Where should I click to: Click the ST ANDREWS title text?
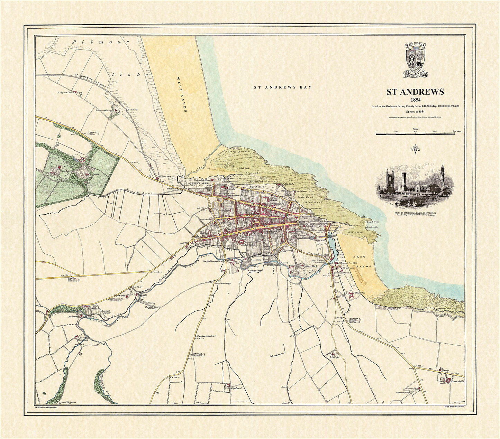coord(415,92)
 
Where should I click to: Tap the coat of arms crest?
coord(416,59)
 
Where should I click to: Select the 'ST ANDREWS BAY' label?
coord(283,87)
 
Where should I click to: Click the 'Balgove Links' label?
coord(66,92)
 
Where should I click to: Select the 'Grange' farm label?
coord(335,356)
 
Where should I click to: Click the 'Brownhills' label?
coord(457,381)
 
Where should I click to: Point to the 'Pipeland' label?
coord(236,388)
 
